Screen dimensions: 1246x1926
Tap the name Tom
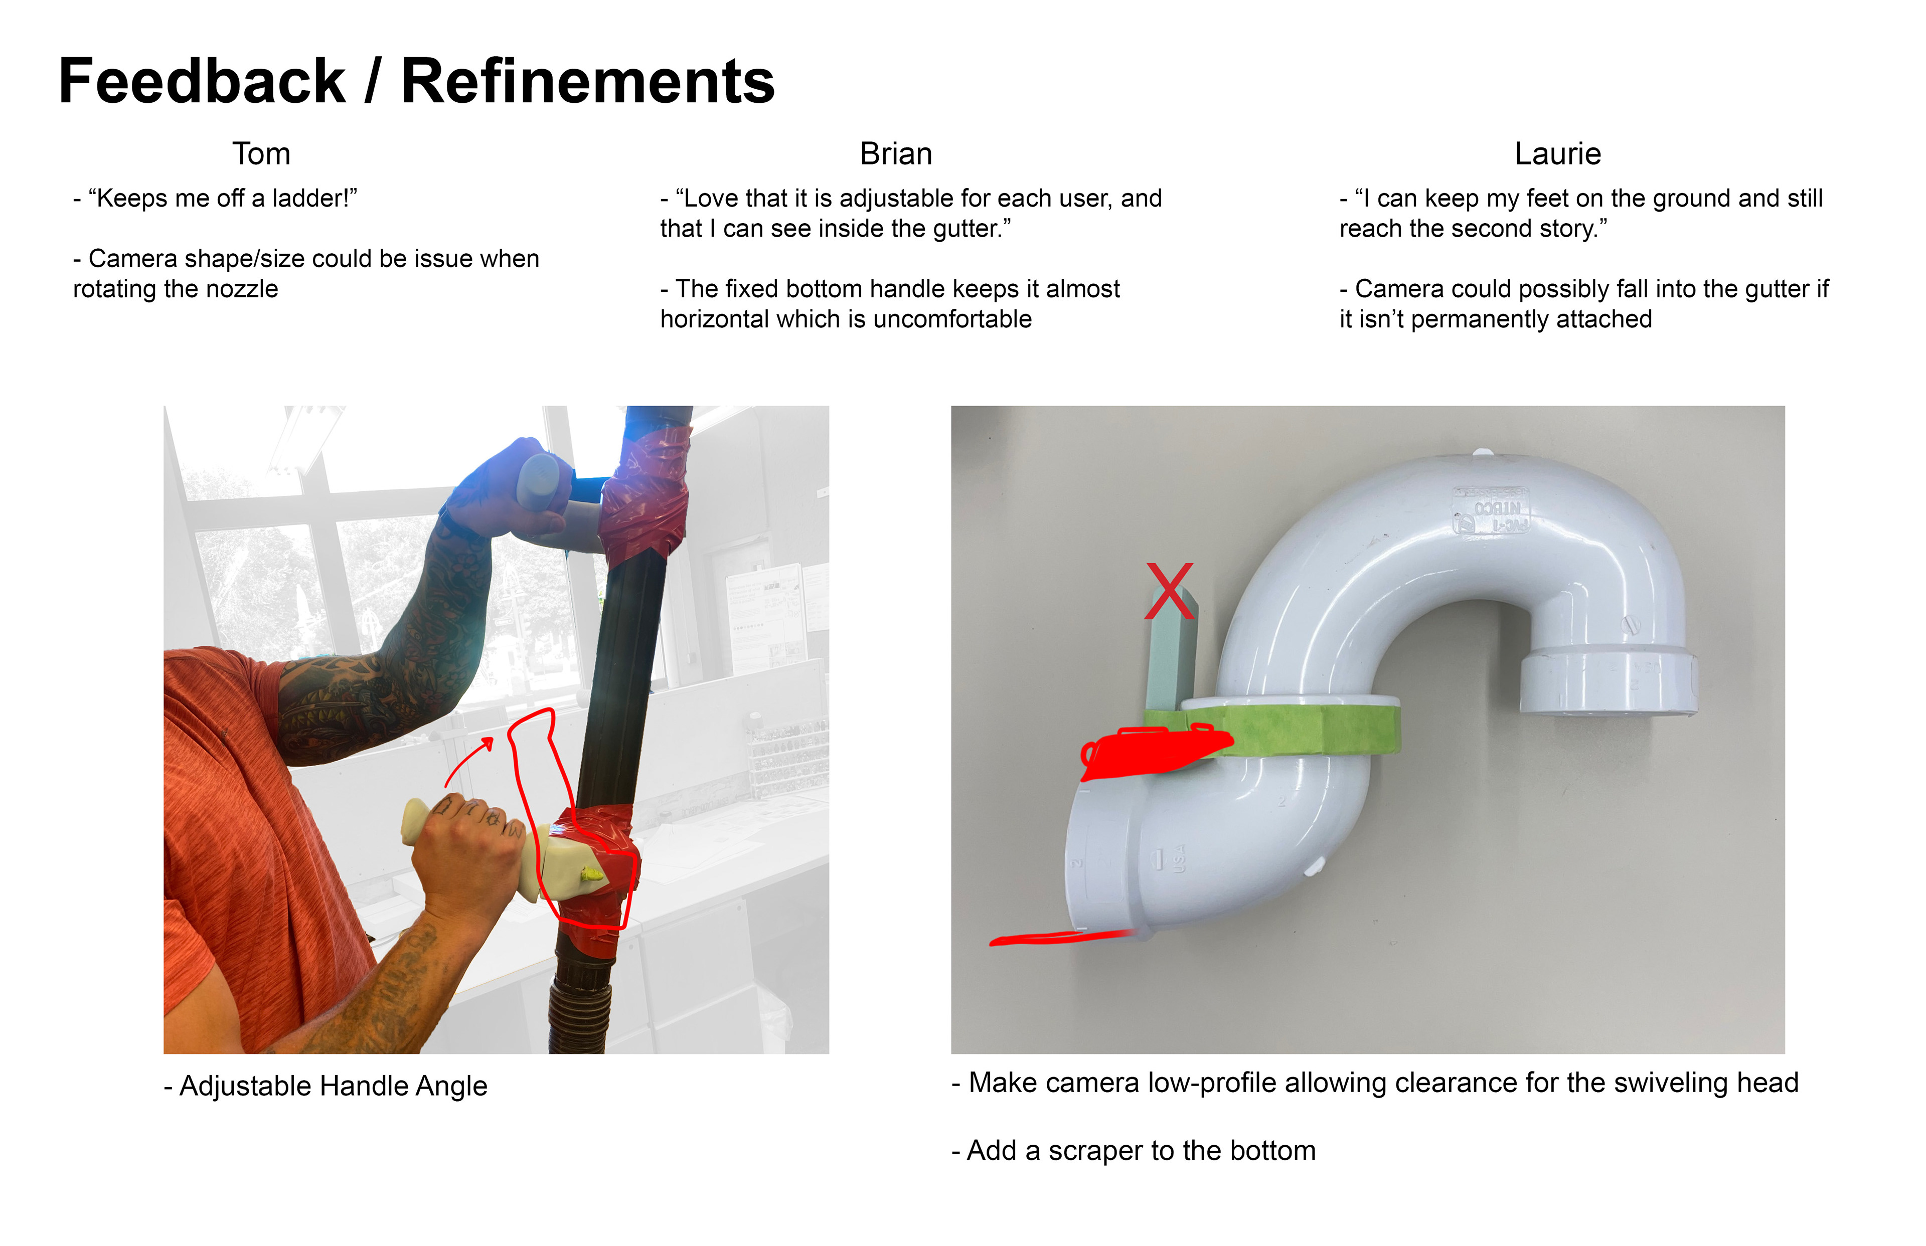261,154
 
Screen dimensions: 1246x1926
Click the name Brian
896,154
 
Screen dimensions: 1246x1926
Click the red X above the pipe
1169,592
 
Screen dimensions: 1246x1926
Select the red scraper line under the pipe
1060,939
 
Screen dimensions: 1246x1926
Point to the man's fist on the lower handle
469,841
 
